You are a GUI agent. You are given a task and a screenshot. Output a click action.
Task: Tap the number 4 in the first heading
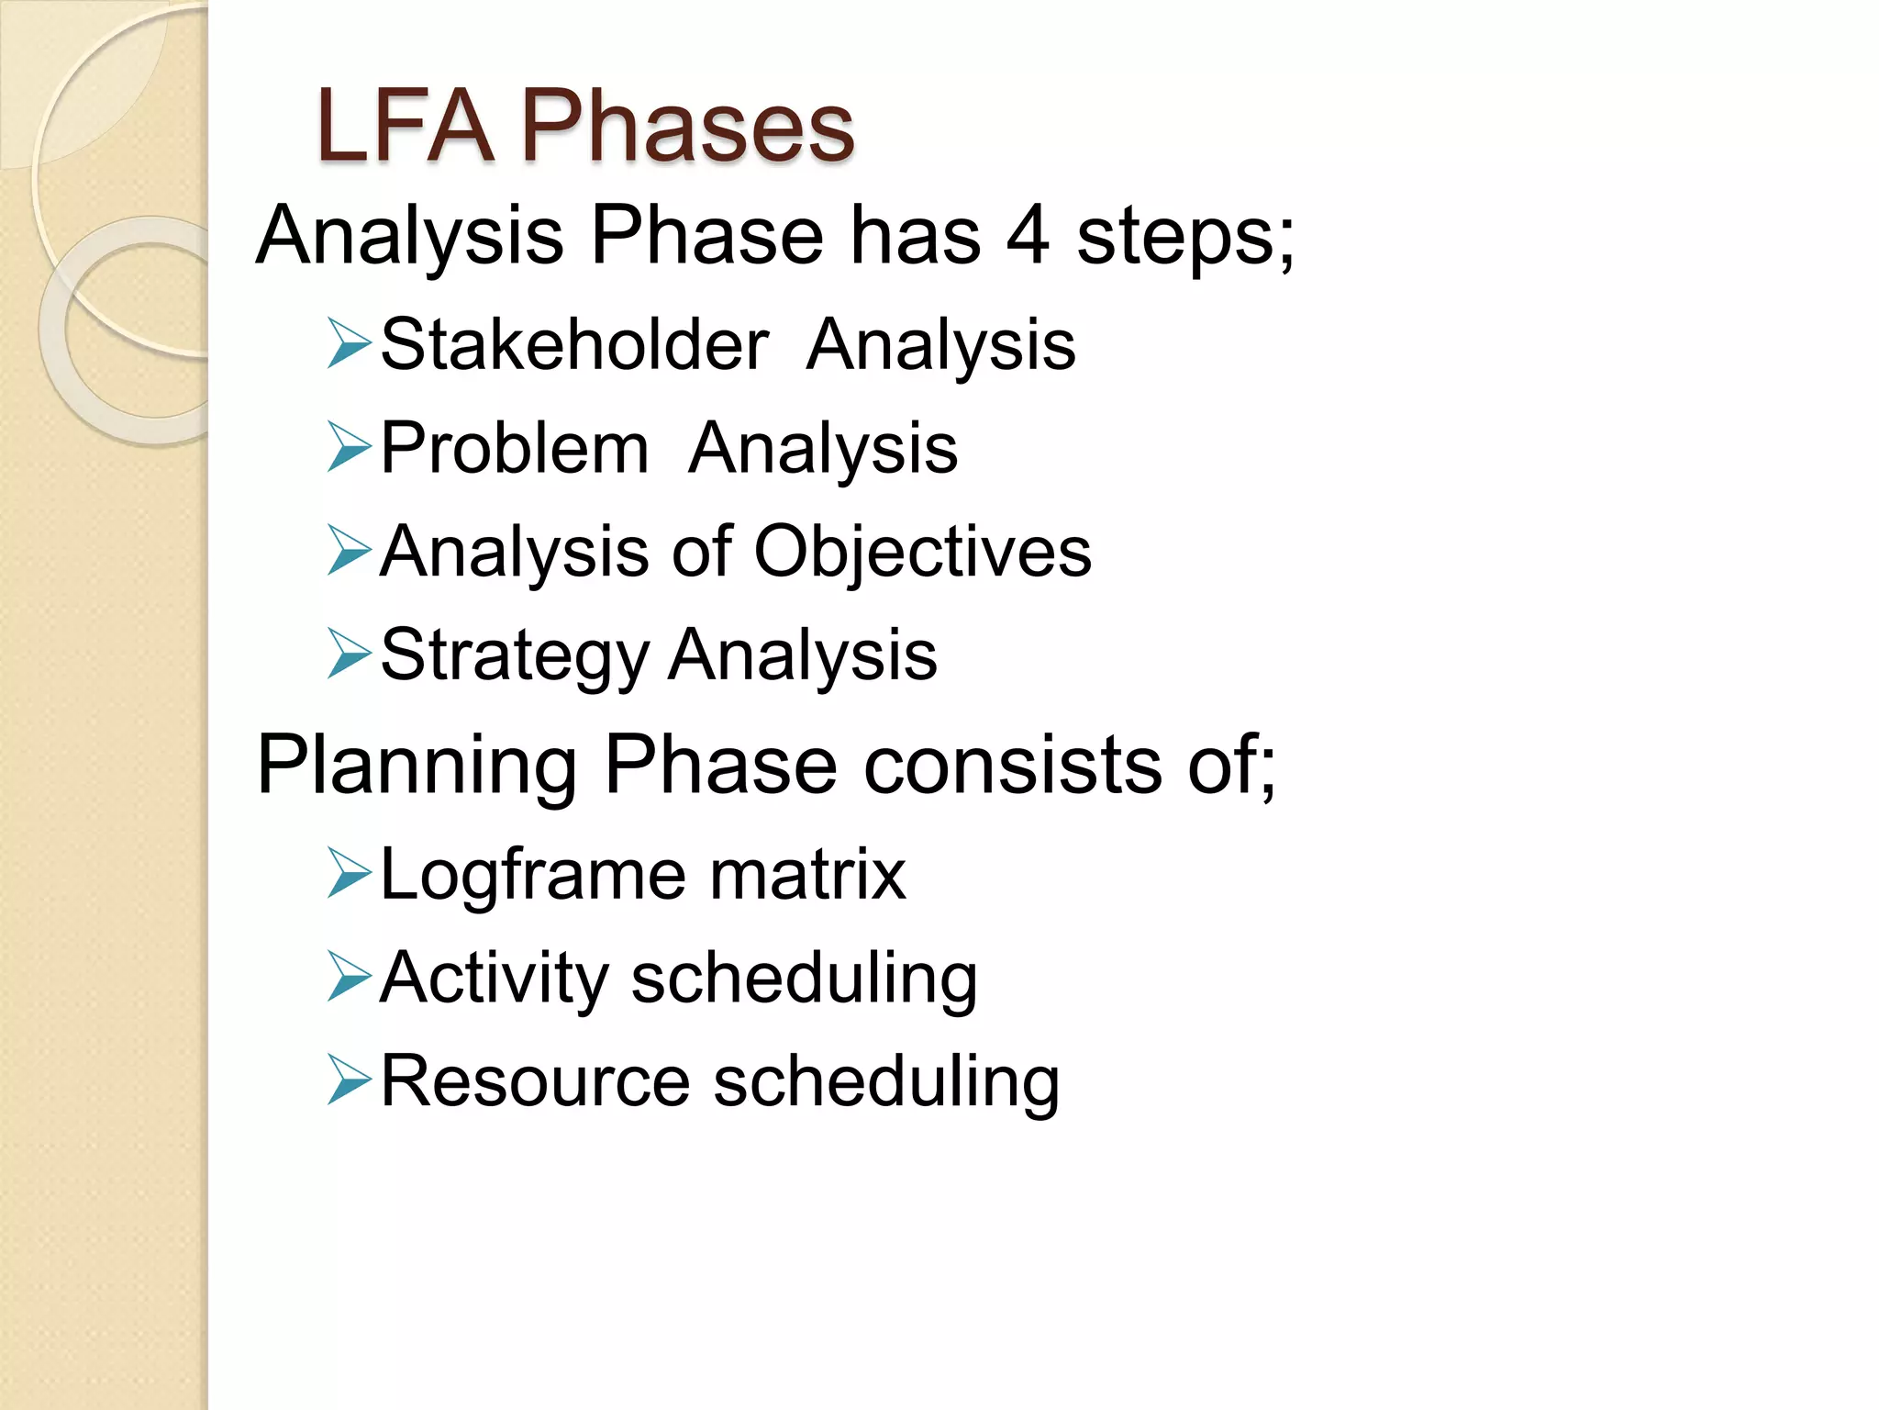pyautogui.click(x=1028, y=236)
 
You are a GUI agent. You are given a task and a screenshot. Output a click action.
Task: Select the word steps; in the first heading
pyautogui.click(x=1185, y=236)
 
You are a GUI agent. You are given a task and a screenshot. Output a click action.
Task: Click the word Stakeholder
pyautogui.click(x=574, y=344)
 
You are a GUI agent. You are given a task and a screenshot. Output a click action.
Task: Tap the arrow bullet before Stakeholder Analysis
pyautogui.click(x=349, y=344)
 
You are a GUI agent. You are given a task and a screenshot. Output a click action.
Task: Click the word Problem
pyautogui.click(x=515, y=448)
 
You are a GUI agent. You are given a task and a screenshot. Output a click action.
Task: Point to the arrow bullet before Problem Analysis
pyautogui.click(x=349, y=448)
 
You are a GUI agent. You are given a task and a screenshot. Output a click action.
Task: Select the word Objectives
pyautogui.click(x=922, y=552)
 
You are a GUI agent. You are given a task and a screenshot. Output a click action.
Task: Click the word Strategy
pyautogui.click(x=515, y=655)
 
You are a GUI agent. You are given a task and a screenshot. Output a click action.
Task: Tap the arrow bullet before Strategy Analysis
pyautogui.click(x=349, y=655)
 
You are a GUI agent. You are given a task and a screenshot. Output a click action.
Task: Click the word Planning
pyautogui.click(x=417, y=766)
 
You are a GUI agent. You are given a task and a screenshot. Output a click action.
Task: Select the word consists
pyautogui.click(x=1013, y=766)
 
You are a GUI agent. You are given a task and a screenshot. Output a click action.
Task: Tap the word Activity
pyautogui.click(x=494, y=979)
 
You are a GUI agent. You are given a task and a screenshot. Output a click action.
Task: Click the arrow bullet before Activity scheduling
pyautogui.click(x=349, y=979)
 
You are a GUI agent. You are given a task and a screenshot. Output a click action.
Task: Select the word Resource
pyautogui.click(x=535, y=1081)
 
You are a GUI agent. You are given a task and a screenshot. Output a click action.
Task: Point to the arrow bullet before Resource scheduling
pyautogui.click(x=349, y=1081)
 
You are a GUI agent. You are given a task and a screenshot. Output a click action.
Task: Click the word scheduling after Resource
pyautogui.click(x=886, y=1081)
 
